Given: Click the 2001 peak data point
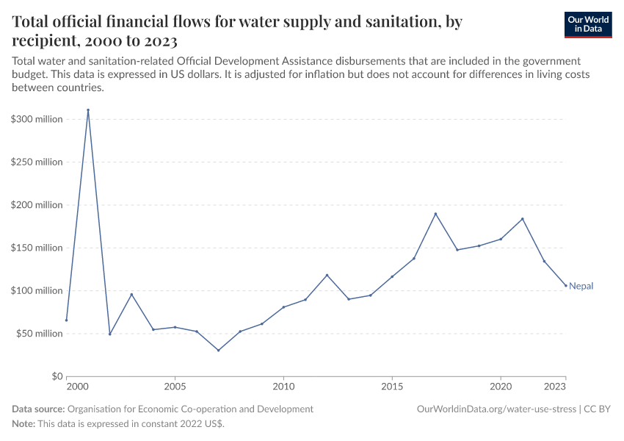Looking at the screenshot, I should [88, 110].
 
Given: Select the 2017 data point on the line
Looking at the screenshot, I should [435, 214].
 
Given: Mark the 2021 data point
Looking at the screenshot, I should [523, 219].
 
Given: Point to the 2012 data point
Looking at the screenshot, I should [327, 275].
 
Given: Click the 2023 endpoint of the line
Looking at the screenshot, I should [566, 285].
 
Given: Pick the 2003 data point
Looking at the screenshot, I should [131, 295].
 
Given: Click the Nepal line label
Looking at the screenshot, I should [581, 286].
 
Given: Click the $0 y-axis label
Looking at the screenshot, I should [57, 376].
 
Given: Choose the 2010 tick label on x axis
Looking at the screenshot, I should [283, 386].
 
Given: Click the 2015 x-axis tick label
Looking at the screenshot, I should [392, 386].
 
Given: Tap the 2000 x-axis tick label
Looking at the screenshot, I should [77, 386].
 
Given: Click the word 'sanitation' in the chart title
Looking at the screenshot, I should [396, 22].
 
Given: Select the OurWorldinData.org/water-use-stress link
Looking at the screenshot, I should [497, 409].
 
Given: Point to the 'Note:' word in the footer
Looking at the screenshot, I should [23, 423].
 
